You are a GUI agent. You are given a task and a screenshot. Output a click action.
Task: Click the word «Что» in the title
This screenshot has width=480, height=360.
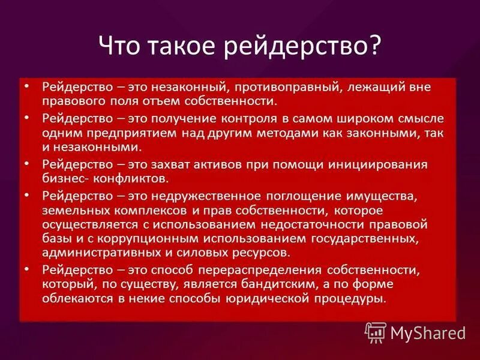click(119, 46)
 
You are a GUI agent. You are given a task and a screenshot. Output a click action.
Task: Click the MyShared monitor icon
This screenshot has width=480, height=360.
click(376, 332)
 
